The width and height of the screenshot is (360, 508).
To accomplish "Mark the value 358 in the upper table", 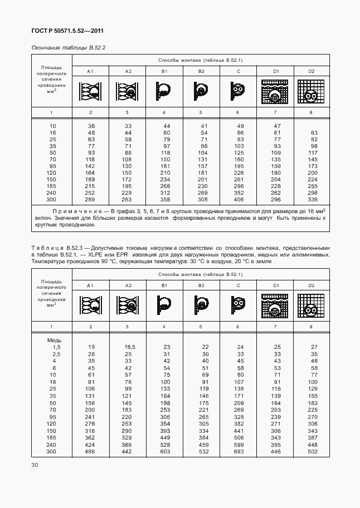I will point(164,199).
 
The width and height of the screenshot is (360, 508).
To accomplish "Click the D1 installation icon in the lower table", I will point(275,305).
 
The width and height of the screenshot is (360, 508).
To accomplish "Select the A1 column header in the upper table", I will point(91,71).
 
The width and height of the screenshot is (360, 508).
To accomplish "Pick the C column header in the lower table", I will point(238,285).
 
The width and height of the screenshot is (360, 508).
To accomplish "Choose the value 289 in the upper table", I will point(91,199).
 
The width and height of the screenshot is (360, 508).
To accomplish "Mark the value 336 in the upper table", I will point(312,199).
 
